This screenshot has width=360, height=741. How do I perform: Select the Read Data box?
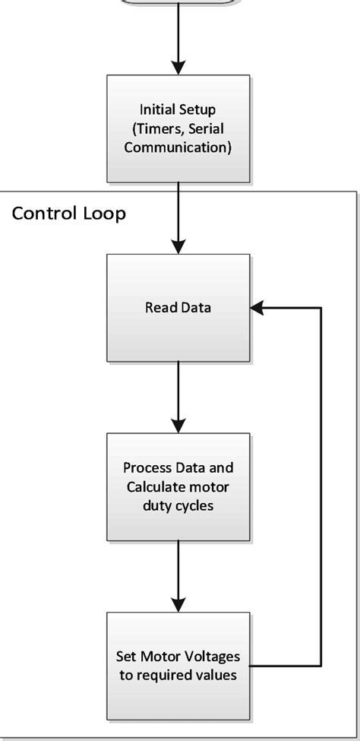tap(178, 307)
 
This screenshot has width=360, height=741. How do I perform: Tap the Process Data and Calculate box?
tap(178, 486)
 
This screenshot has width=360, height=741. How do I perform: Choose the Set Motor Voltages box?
tap(178, 665)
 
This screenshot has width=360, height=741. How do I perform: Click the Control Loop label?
tap(68, 213)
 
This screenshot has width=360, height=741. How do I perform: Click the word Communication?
tap(178, 147)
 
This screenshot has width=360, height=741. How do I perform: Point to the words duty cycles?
tap(178, 505)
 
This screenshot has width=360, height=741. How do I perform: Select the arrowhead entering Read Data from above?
tap(178, 245)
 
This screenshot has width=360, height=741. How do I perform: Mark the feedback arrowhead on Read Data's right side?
tap(258, 308)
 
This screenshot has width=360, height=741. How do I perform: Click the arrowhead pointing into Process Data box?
tap(178, 425)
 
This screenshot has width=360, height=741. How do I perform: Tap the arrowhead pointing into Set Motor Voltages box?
tap(178, 603)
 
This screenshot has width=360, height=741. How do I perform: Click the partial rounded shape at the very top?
tap(178, 2)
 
